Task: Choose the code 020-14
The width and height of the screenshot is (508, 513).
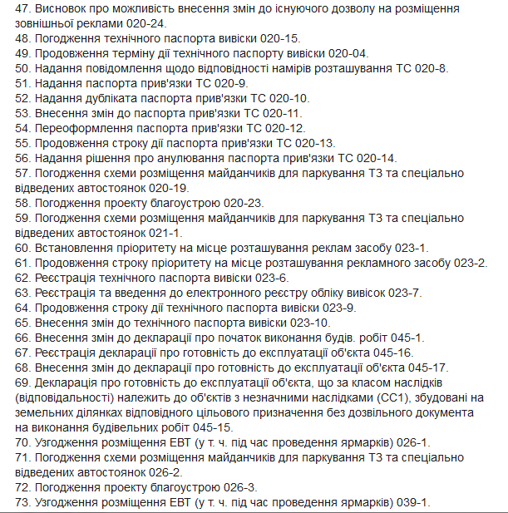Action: [x=373, y=158]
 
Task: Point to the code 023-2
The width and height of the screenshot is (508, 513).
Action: [x=471, y=263]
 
